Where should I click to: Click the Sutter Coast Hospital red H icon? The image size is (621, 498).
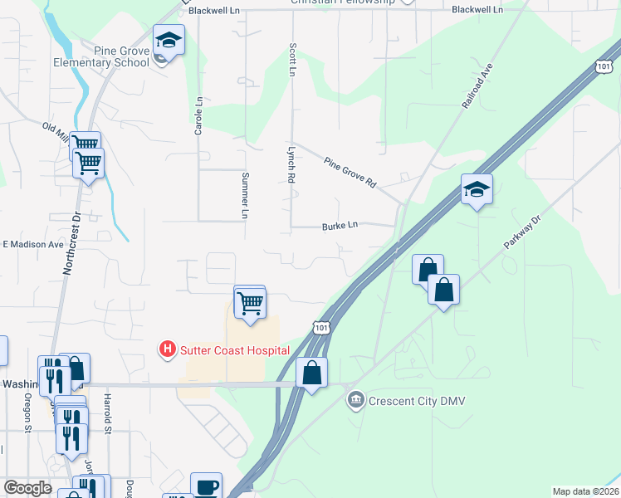pos(168,349)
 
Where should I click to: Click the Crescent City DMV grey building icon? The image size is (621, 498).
pos(355,400)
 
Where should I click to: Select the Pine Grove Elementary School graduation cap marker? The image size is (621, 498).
pos(169,40)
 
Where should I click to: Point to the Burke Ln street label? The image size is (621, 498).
pos(340,225)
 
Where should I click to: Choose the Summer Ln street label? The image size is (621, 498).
pos(245,195)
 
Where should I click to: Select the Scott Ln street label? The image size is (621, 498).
pos(292,60)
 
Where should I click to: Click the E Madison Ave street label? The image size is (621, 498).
pos(33,245)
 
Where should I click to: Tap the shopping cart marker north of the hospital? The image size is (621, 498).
pos(250,304)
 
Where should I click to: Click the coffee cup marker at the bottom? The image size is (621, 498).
pos(206,486)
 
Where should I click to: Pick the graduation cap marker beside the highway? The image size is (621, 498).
pos(477,191)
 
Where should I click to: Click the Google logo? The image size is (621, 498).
pos(27,488)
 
